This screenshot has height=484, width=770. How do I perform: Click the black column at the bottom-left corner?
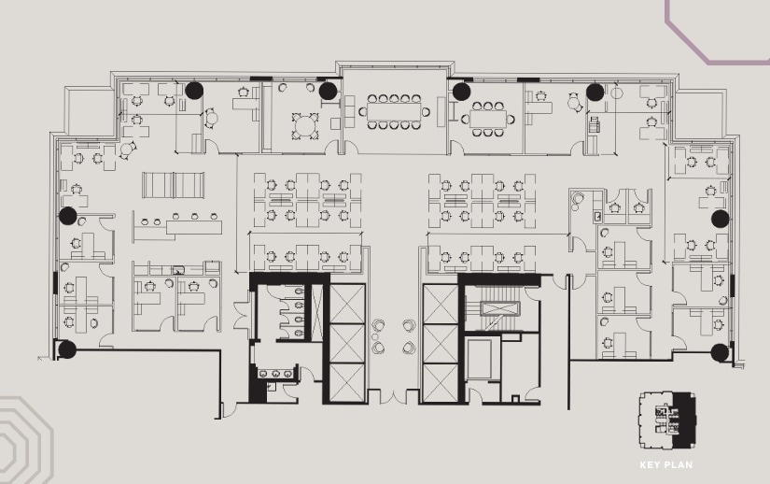(x=66, y=350)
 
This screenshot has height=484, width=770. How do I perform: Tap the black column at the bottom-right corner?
(x=720, y=352)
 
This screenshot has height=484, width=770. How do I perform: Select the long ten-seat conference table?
(x=392, y=111)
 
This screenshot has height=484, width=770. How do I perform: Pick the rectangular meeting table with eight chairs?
(x=485, y=119)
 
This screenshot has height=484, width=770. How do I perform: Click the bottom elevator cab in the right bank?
(x=441, y=383)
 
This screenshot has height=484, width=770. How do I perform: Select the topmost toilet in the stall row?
(x=297, y=292)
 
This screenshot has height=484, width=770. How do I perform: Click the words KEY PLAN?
(x=665, y=464)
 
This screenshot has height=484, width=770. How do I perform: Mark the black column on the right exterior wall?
(x=720, y=218)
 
